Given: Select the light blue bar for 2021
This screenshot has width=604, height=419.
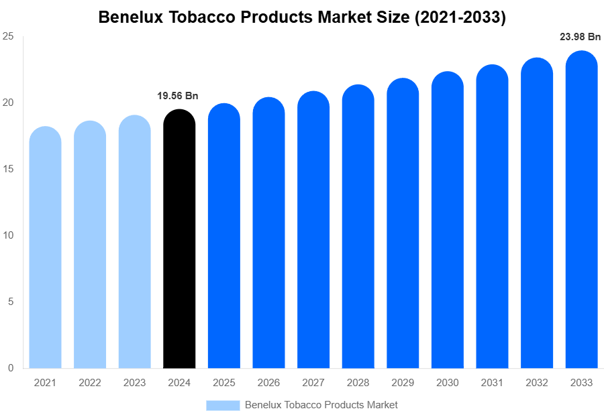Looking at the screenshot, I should [x=45, y=248].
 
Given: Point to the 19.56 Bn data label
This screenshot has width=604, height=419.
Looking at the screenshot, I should [x=178, y=96].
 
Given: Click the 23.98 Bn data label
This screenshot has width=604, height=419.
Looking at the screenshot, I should [x=580, y=37].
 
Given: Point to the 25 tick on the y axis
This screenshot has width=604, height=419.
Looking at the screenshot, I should [x=8, y=37].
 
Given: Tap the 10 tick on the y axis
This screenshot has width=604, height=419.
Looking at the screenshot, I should [x=8, y=235].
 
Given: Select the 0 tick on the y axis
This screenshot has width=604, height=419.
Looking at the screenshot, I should [x=11, y=368].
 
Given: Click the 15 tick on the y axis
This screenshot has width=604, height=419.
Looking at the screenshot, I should [x=8, y=169].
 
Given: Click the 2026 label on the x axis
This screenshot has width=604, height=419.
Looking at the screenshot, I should [x=268, y=383].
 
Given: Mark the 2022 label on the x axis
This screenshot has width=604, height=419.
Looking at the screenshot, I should [x=89, y=383].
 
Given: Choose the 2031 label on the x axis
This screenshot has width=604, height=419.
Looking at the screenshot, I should [x=492, y=383].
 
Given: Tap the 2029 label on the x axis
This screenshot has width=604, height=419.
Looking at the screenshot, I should [x=403, y=383].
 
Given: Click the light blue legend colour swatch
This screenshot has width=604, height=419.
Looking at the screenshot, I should [x=222, y=405].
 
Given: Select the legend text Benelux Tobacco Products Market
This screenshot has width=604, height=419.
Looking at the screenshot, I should [x=321, y=405].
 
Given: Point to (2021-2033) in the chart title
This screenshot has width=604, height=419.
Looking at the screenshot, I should [x=460, y=17].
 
